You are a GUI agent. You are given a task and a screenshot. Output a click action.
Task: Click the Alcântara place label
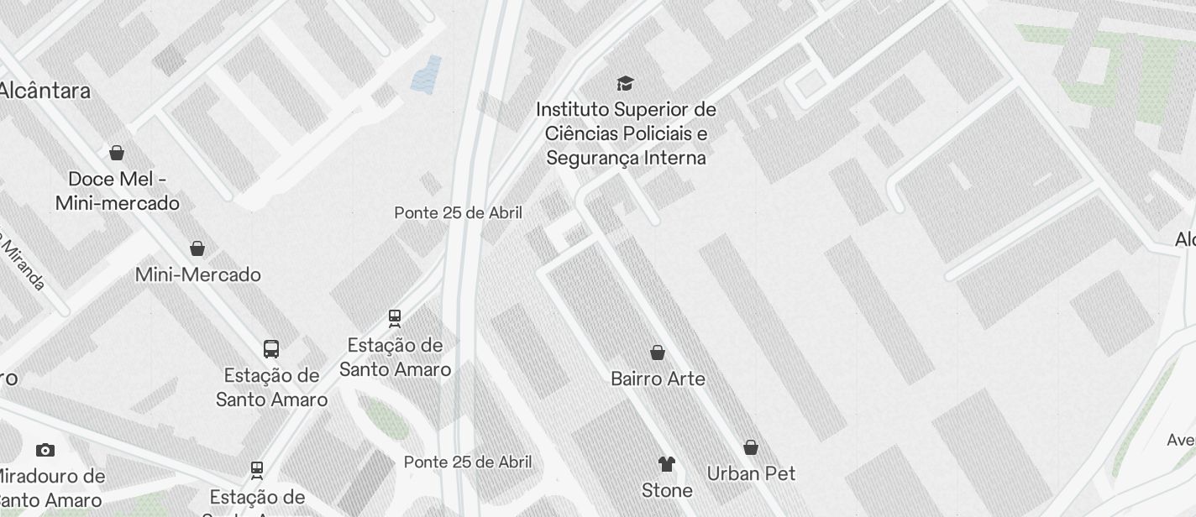[x=45, y=91]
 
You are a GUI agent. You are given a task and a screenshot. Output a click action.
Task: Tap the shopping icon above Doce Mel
[x=117, y=153]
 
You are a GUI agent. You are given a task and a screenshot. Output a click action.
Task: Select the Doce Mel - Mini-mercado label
[x=118, y=191]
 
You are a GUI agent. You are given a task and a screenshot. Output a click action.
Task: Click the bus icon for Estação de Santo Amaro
[x=271, y=349]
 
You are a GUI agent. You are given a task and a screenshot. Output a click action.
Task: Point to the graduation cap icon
[x=625, y=83]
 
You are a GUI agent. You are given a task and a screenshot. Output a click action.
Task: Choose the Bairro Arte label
[x=658, y=379]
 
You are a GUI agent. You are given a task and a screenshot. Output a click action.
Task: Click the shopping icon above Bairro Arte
[x=658, y=352]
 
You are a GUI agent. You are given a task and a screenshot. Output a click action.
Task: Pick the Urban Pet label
[x=751, y=473]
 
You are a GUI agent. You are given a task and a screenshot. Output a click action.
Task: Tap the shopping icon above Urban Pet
[x=751, y=447]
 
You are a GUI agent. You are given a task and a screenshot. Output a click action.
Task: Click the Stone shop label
[x=667, y=490]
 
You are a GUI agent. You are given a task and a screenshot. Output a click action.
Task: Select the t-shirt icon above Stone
[x=667, y=464]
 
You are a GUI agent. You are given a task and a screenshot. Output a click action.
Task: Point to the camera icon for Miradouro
[x=45, y=451]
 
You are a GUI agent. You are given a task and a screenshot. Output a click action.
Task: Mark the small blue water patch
[x=427, y=75]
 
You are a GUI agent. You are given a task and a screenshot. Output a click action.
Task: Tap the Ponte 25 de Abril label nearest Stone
[x=468, y=462]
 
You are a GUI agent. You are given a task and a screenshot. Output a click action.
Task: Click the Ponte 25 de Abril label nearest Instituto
[x=459, y=213]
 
